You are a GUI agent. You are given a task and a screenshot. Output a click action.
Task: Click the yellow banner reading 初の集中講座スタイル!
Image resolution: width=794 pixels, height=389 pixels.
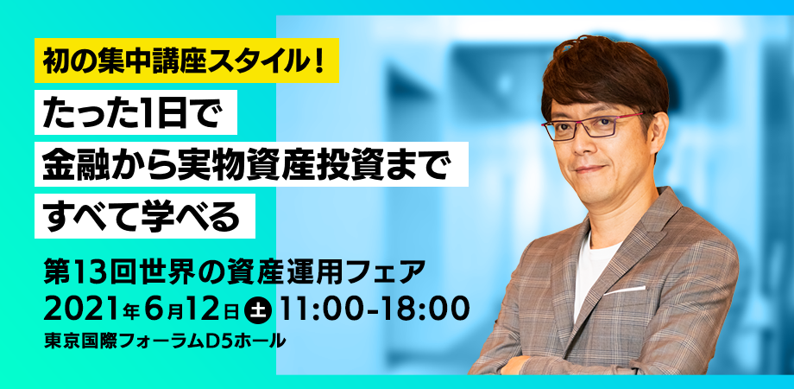pos(186,61)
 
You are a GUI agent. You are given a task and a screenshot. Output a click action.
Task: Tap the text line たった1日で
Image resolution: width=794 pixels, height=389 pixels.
pos(135,112)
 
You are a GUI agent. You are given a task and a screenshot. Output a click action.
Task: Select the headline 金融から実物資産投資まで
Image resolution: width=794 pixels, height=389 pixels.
pos(251,164)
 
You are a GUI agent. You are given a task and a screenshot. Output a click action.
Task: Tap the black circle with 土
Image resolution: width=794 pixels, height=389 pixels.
pos(259,309)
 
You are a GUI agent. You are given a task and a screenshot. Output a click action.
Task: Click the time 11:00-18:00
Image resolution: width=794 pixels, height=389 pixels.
pos(374,309)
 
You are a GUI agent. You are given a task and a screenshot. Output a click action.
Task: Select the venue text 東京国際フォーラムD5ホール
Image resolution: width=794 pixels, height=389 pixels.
pos(165,341)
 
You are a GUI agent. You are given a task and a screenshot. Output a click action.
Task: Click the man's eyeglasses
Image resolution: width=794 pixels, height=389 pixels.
pos(591,124)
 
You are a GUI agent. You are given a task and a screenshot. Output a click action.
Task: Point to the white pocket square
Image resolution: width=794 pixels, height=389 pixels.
pos(624,290)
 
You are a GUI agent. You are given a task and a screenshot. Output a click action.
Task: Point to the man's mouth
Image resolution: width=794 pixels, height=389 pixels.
pos(590,169)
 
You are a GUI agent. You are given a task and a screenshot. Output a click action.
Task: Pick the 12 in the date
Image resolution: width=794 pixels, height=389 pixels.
pos(208,309)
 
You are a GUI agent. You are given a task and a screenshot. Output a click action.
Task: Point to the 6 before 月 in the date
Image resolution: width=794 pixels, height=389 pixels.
pos(161,309)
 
